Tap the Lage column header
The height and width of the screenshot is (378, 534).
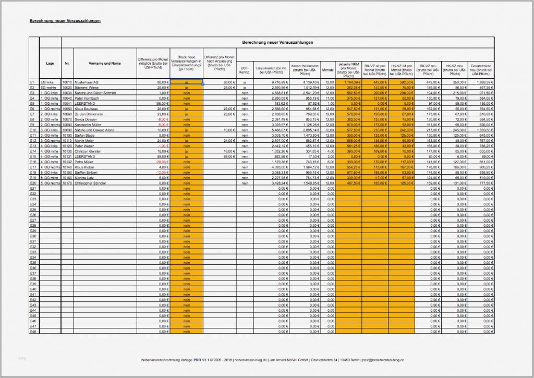coord(50,63)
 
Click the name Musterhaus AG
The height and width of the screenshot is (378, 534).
coord(87,82)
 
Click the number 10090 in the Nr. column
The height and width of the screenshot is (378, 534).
coord(67,130)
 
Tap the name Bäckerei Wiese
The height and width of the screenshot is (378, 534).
coord(88,88)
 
